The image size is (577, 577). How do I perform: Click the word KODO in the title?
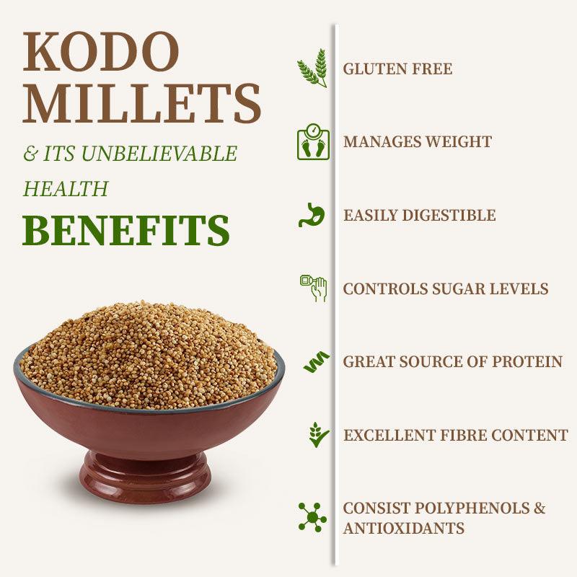pos(101,53)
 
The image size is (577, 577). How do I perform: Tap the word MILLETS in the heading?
pos(141,103)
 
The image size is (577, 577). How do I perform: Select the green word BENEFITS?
pos(126,230)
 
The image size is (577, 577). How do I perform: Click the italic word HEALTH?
pos(66,189)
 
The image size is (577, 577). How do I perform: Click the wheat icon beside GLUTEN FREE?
pos(313,69)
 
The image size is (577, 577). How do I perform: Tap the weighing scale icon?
pos(313,141)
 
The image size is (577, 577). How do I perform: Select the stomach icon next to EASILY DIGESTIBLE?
pos(313,215)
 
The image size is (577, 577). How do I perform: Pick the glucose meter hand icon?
pos(313,288)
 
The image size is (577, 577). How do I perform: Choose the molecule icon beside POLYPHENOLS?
pos(312,517)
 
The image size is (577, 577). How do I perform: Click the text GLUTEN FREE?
pos(397,69)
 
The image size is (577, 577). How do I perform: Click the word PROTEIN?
pos(526,362)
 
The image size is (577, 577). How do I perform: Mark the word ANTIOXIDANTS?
pos(403,528)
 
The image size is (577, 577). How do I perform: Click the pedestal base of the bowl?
pos(145,476)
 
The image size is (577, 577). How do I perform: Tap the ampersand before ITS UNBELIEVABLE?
pos(30,154)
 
